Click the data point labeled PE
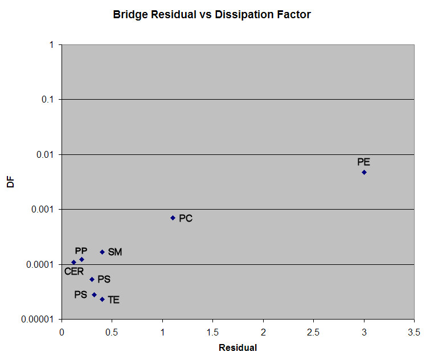[364, 172]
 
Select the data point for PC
[173, 218]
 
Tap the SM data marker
[103, 252]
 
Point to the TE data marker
[103, 299]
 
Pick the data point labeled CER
[73, 262]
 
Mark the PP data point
[82, 259]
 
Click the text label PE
[364, 162]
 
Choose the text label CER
[74, 272]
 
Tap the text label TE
[113, 300]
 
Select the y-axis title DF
[10, 182]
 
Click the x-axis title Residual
[237, 347]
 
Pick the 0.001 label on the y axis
[42, 210]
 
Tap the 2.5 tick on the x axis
[313, 332]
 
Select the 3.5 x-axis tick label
[414, 332]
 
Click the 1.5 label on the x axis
[212, 332]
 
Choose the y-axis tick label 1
[52, 44]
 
